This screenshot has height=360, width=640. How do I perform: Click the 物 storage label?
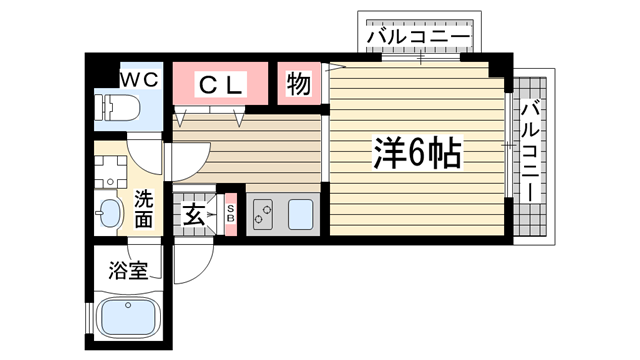pyautogui.click(x=298, y=85)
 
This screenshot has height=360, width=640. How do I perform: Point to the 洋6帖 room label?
pyautogui.click(x=417, y=152)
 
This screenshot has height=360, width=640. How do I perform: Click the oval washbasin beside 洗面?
pyautogui.click(x=109, y=211)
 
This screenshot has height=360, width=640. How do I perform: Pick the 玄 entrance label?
pyautogui.click(x=193, y=213)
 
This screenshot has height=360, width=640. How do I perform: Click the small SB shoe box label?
pyautogui.click(x=230, y=213)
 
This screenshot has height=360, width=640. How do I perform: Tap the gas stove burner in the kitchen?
pyautogui.click(x=264, y=213)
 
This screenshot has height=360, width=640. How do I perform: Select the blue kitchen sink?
pyautogui.click(x=299, y=213)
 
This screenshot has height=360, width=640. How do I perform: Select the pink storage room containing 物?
pyautogui.click(x=298, y=85)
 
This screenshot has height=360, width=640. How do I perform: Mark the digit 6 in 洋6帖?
pyautogui.click(x=417, y=153)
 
